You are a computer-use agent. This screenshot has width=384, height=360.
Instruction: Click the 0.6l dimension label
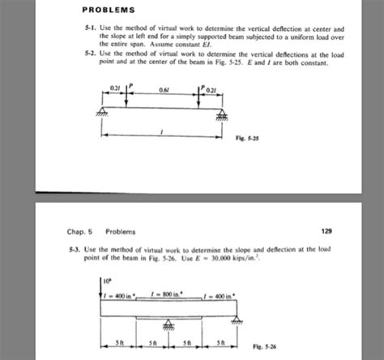165,89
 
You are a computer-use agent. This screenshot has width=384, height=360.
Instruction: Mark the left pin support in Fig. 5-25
105,109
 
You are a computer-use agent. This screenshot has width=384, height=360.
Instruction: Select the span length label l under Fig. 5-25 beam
164,132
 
